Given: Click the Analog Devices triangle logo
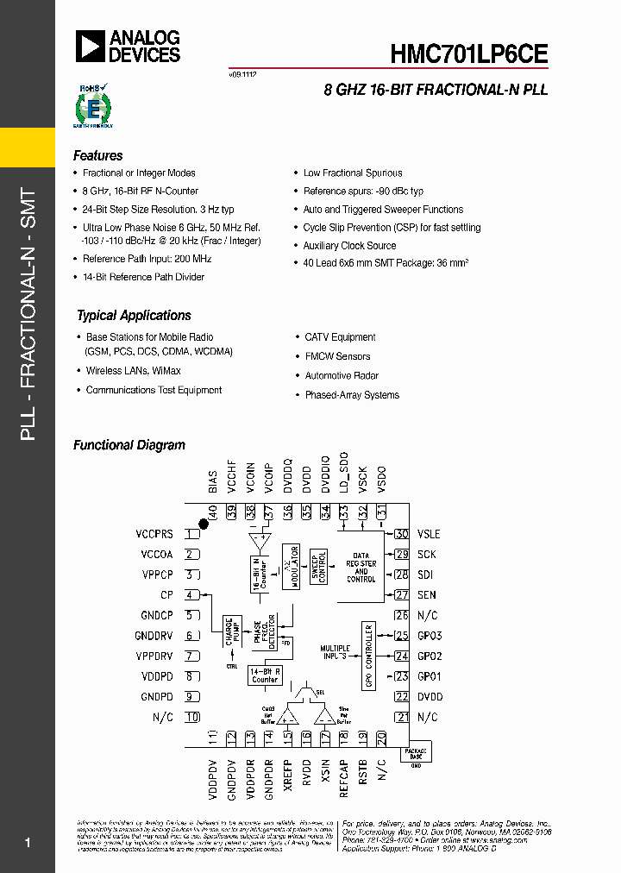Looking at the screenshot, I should click(x=90, y=46).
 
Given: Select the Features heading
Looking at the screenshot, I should click(x=97, y=156).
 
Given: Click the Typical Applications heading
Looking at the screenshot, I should click(x=134, y=316).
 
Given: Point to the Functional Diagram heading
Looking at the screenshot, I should click(x=129, y=446).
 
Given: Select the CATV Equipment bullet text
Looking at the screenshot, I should click(x=340, y=337).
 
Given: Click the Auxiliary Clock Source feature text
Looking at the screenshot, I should click(x=349, y=246).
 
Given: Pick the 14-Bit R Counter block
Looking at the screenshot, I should click(x=265, y=675).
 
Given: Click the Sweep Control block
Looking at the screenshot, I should click(x=317, y=567).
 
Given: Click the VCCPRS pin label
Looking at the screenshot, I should click(x=154, y=535).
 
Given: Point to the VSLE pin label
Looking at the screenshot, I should click(x=429, y=535).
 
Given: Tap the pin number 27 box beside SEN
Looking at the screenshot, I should click(x=401, y=595).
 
